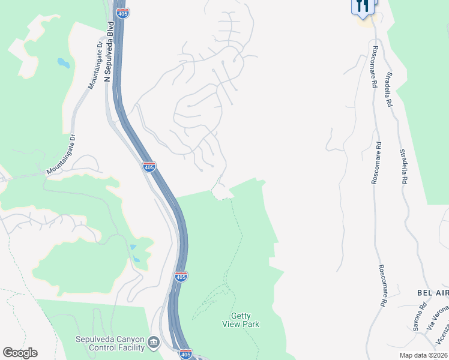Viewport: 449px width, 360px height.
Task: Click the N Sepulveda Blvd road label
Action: (109, 52)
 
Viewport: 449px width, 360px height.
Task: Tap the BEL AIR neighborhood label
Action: (433, 292)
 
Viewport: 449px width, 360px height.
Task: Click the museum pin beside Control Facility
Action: (154, 343)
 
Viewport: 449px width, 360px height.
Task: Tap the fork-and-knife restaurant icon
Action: (362, 6)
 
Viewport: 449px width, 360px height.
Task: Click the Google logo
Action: (20, 353)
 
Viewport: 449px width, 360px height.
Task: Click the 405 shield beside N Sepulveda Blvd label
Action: (123, 11)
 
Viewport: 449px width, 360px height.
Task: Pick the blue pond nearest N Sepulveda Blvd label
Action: (62, 62)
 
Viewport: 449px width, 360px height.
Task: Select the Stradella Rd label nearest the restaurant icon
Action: (389, 89)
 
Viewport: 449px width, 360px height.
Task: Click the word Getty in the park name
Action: (241, 316)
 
